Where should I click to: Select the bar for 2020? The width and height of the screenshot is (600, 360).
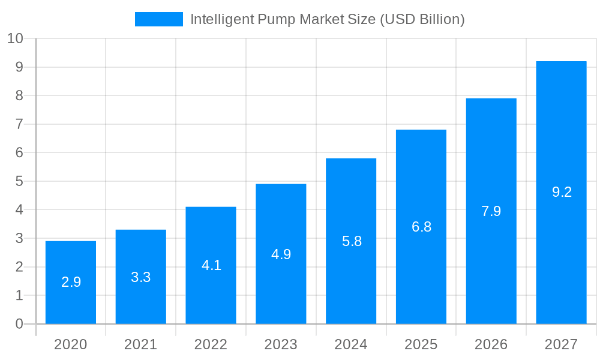point(71,283)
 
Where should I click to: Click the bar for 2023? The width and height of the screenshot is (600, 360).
point(281,254)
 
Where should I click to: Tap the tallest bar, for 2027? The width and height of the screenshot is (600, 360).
point(561,193)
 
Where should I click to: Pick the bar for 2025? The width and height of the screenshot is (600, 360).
point(421,227)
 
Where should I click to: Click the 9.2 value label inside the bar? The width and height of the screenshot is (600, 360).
point(562,192)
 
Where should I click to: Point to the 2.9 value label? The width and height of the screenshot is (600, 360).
point(71,282)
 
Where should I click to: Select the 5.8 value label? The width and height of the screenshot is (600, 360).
point(352,241)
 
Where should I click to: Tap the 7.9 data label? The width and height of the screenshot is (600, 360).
point(491,211)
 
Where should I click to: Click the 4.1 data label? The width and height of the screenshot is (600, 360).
point(211,265)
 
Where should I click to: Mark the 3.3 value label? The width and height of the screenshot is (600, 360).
point(141,277)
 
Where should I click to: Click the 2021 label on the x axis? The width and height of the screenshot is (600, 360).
point(140,344)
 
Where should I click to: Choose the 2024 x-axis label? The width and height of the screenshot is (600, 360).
point(351,344)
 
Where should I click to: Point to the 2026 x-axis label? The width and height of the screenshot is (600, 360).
point(491,344)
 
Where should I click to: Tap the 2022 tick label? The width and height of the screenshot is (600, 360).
point(211,344)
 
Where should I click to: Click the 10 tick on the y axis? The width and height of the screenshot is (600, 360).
point(15,39)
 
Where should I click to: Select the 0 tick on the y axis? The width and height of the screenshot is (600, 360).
point(19,324)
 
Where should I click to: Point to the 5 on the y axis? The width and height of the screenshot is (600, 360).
point(19,181)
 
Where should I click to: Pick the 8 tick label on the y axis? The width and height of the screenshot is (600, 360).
point(19,96)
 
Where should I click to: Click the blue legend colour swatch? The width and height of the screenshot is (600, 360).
point(158,19)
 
